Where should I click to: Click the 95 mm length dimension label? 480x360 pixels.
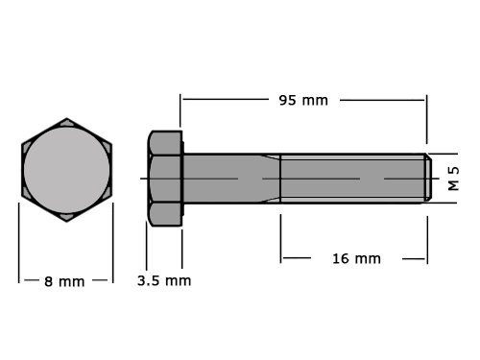point(303,100)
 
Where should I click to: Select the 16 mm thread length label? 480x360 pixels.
point(356,258)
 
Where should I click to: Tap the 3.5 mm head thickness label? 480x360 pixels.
point(164,280)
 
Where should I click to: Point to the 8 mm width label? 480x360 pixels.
point(64,281)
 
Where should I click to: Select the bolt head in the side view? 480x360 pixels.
point(165,178)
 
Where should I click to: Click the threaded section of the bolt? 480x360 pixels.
point(350,178)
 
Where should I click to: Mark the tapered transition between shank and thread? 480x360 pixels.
point(271,178)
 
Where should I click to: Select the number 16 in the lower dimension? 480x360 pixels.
point(341,258)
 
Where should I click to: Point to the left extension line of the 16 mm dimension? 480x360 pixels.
point(280,237)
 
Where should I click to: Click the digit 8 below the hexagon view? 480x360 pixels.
point(48,281)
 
